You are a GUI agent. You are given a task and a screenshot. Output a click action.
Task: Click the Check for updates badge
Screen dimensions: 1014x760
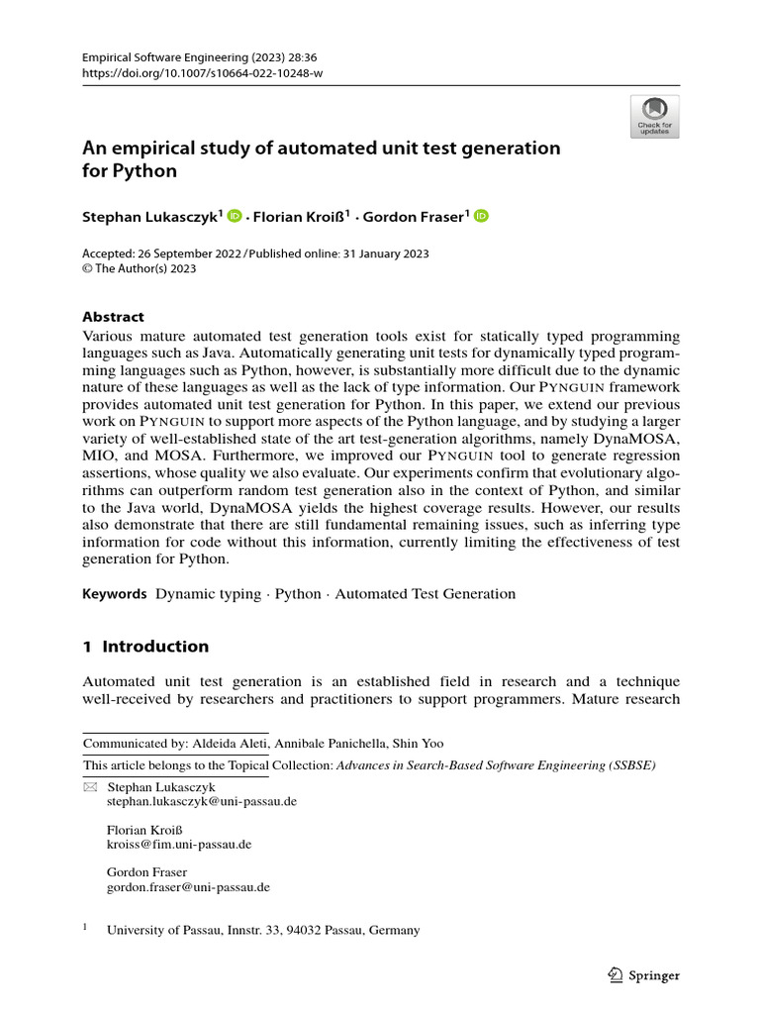(654, 117)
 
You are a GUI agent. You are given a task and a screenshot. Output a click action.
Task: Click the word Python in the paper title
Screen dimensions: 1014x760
(143, 170)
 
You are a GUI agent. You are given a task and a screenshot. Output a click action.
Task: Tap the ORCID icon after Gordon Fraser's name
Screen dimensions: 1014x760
(481, 217)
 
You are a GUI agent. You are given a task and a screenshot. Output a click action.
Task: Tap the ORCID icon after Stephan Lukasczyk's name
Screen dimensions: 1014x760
(235, 217)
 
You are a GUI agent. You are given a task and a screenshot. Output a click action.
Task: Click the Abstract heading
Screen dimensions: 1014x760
(113, 317)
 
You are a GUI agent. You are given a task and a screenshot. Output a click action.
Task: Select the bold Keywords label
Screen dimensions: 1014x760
(114, 594)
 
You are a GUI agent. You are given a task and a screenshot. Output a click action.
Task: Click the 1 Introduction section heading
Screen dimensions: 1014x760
(145, 647)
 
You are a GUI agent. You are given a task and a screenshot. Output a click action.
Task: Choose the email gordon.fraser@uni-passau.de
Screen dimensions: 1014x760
(188, 888)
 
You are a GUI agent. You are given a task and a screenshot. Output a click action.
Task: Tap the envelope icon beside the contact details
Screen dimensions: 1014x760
(90, 787)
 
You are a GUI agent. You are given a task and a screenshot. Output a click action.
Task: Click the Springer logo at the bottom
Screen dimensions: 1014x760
(642, 975)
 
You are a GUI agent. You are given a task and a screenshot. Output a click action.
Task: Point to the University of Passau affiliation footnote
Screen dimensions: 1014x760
(262, 930)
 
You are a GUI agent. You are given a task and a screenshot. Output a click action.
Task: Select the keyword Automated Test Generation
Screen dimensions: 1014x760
(426, 594)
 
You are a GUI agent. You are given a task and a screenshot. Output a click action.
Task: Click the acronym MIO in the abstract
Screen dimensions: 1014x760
(100, 439)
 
